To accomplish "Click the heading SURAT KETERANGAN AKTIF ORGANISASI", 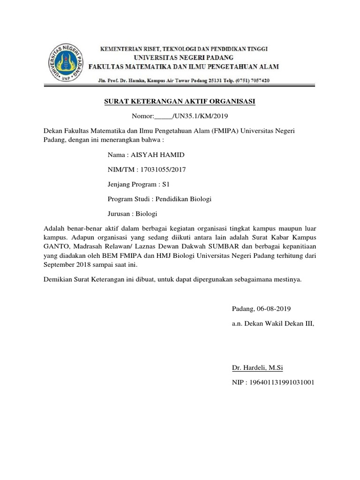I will point(180,101).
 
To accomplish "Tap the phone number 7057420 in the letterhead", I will point(258,81).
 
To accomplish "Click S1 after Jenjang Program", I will point(166,184).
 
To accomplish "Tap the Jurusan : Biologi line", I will point(133,214).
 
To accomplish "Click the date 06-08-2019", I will point(274,308).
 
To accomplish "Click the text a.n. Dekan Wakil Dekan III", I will point(273,323).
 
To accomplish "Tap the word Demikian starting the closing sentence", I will point(58,280).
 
